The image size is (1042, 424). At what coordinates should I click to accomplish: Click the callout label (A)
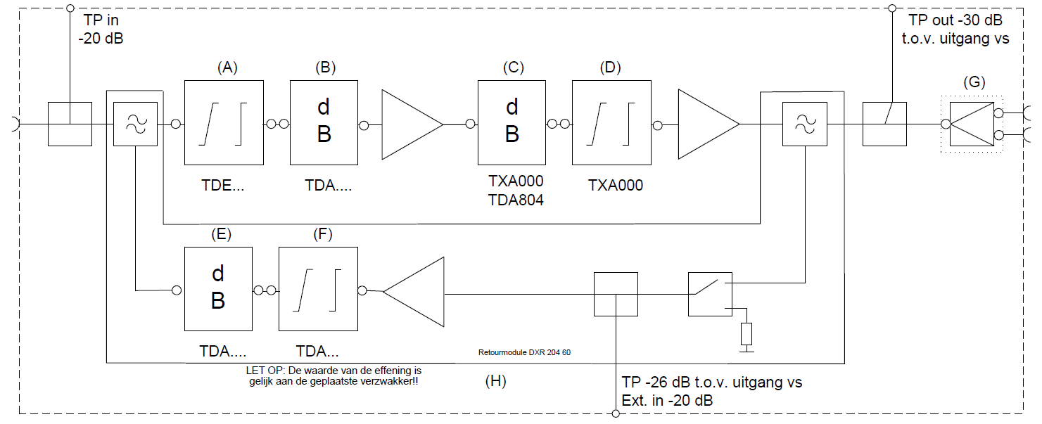227,68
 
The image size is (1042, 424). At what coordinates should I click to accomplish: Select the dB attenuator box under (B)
324,121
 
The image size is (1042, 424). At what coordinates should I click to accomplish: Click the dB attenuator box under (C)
512,121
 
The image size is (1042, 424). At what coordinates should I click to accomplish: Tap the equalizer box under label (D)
611,121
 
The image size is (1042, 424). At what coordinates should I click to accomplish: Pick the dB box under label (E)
218,288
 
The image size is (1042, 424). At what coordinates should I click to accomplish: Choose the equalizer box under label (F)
318,288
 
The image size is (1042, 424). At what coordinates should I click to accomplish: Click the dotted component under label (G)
973,124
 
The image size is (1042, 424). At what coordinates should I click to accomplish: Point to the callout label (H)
496,382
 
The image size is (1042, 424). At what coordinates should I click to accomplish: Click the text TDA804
516,200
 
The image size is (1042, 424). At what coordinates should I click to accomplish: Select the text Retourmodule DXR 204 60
523,352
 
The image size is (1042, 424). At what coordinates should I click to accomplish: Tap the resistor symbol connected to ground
746,333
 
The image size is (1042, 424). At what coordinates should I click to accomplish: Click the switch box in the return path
709,294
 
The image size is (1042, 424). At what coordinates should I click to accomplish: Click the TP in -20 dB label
103,30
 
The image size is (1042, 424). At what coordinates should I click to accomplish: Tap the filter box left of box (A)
135,124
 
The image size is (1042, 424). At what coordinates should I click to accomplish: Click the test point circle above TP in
69,8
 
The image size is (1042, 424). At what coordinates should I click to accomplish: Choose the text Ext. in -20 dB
667,401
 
